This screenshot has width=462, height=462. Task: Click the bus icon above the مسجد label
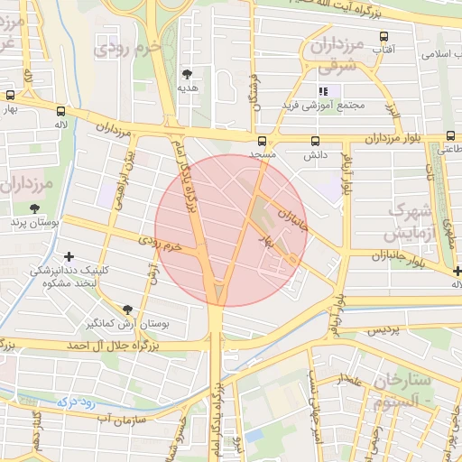pos(263,141)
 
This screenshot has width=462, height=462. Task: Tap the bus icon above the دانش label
pos(315,141)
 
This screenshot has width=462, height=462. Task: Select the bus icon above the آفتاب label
pos(384,37)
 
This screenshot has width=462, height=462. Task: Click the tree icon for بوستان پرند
pos(34,208)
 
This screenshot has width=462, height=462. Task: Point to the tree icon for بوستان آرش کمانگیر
pos(126,309)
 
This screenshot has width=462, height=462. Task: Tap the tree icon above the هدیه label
pos(188,74)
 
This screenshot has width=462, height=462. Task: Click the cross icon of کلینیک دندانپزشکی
pos(70,257)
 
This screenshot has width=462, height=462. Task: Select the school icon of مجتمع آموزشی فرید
pos(323,91)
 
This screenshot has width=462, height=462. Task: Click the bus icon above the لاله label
pos(62,109)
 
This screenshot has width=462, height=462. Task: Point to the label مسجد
pos(263,155)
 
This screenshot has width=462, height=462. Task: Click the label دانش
pos(314,155)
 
